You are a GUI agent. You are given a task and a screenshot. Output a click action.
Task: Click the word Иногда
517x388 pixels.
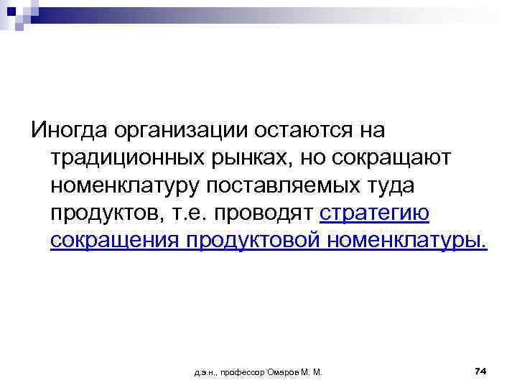[65, 131]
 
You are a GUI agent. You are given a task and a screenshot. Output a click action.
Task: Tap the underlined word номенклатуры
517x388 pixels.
[406, 241]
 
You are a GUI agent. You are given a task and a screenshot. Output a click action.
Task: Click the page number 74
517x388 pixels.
[480, 370]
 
